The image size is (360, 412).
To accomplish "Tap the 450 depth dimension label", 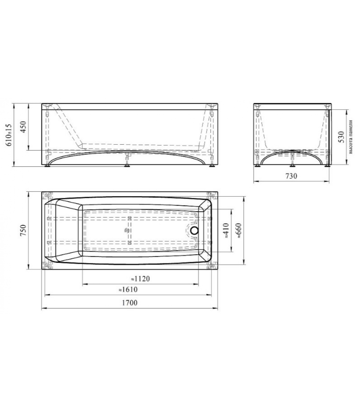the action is click(x=23, y=127).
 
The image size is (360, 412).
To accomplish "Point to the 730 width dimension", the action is click(x=291, y=176).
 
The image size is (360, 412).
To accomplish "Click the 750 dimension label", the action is click(x=23, y=230).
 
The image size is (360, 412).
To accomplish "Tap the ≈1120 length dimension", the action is click(x=140, y=279).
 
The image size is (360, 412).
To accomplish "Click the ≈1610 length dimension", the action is click(x=128, y=289).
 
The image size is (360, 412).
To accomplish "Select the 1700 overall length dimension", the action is click(x=130, y=303).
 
